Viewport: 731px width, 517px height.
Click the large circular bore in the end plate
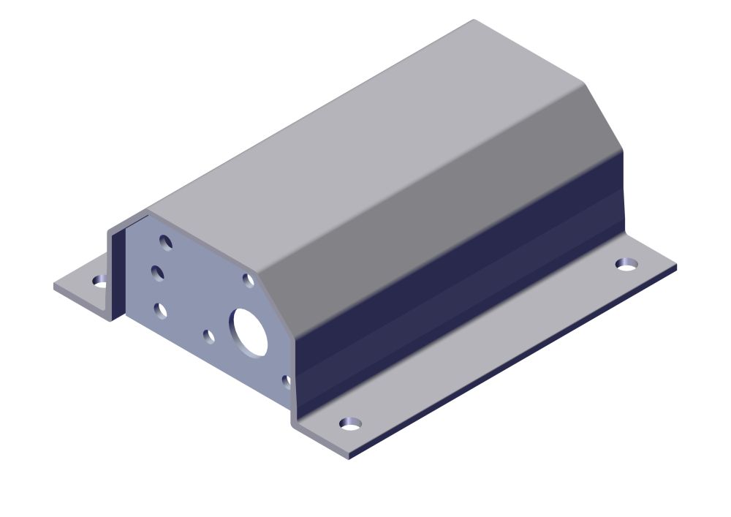coord(249,331)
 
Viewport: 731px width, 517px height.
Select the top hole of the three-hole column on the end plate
coord(166,242)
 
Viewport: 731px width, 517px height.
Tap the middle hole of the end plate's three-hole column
coord(157,273)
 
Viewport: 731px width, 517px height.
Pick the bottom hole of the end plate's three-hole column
coord(161,311)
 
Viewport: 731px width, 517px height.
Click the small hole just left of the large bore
coord(208,336)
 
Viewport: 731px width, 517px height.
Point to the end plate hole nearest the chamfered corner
coord(249,280)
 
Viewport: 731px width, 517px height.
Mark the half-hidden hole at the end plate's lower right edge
coord(286,380)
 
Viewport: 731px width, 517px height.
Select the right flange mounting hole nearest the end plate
coord(351,423)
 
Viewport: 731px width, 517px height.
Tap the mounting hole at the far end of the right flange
coord(626,263)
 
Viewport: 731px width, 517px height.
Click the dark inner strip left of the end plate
coord(119,271)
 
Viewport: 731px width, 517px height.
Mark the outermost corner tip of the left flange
coord(54,286)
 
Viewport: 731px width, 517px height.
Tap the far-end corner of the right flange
coord(675,266)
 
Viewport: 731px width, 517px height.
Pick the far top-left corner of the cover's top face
coord(474,20)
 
